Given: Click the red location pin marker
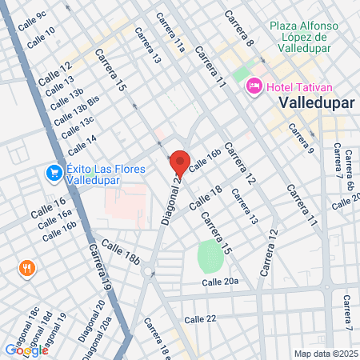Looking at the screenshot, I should click(179, 163).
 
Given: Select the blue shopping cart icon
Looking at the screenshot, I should click(54, 172).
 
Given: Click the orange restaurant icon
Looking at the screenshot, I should click(27, 268).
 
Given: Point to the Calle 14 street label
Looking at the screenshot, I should click(82, 144).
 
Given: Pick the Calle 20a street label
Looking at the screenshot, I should click(220, 282).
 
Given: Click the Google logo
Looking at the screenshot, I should click(26, 350).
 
